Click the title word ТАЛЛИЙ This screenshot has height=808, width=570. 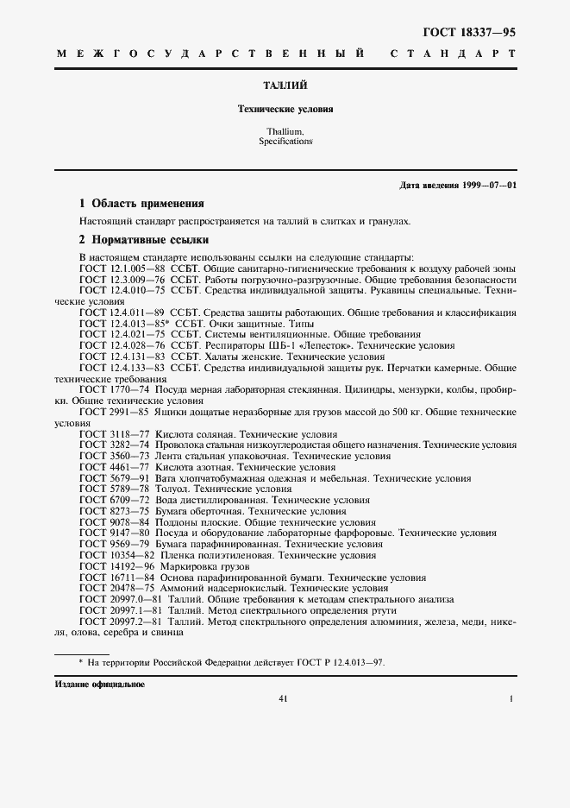285,85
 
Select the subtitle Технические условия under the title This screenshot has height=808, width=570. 285,110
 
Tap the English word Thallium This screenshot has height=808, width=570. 285,131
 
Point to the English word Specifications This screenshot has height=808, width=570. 285,141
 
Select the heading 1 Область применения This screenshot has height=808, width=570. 141,205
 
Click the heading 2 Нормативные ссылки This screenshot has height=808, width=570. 144,240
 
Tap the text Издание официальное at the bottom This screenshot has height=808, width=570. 99,685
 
